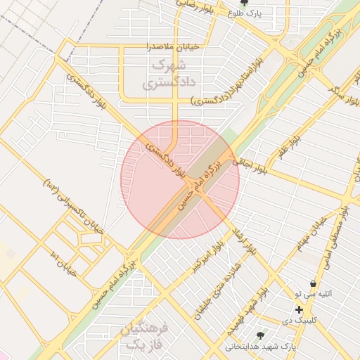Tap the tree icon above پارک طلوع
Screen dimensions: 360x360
[244, 3]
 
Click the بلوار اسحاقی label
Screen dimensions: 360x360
[256, 167]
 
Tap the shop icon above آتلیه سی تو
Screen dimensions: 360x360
[312, 283]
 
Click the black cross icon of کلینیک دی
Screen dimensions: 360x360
[299, 309]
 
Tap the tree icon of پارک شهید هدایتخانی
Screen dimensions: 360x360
[261, 335]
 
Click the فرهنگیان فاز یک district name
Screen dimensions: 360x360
[145, 336]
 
